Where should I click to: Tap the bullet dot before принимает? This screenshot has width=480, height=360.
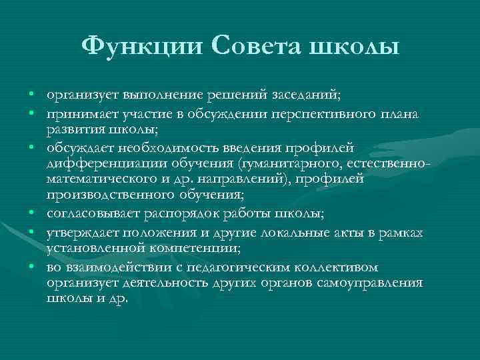tap(32, 115)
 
